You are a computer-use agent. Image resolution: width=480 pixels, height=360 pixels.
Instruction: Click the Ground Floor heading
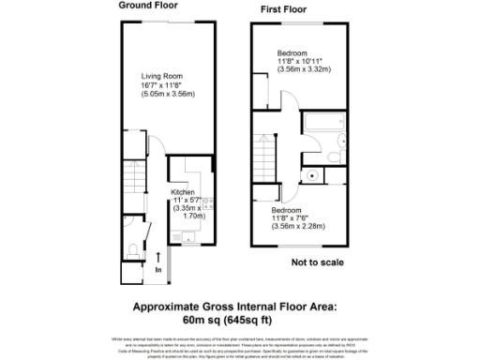click(x=151, y=5)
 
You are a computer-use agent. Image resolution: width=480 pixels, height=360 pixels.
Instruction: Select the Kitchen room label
click(x=183, y=192)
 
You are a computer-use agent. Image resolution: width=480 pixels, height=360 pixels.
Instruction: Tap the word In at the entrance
click(x=158, y=270)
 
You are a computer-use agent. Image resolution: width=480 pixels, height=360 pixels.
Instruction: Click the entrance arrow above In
click(x=158, y=256)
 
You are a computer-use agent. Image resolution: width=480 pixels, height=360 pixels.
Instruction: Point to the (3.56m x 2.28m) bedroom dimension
click(x=296, y=224)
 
